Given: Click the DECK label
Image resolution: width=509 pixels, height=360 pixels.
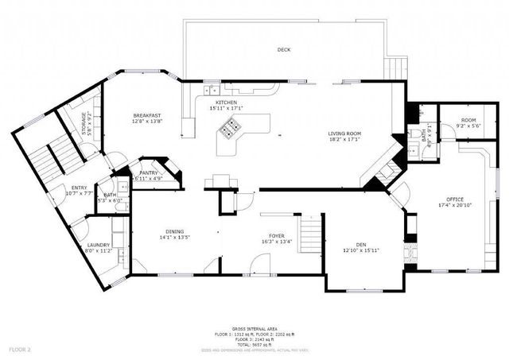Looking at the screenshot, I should pos(284,50).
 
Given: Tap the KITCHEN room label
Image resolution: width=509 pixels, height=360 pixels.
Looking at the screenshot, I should pos(227,103).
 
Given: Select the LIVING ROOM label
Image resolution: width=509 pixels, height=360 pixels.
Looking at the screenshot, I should pos(344,134).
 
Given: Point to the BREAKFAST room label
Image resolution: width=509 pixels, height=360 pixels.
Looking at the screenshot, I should pos(147,116).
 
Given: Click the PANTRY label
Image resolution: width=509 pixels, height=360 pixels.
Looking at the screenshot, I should pos(148,172).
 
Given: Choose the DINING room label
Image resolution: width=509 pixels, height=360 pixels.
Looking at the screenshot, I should pos(174,230).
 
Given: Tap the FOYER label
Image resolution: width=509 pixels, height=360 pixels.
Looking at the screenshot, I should pos(276,236).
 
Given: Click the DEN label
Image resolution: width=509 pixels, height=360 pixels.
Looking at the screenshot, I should pos(359,245).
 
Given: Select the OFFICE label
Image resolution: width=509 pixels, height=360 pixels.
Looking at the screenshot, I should pos(455,199).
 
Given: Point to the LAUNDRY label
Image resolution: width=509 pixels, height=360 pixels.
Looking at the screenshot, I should pos(99,244).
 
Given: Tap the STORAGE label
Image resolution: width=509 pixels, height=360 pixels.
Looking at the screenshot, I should pos(84,125).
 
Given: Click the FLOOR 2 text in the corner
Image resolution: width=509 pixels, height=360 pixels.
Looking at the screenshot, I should pos(20,349).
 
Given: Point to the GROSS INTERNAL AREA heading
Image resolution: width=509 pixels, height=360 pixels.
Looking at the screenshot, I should pos(254,328).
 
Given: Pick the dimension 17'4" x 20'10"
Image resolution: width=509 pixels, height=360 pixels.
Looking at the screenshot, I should pos(455,204).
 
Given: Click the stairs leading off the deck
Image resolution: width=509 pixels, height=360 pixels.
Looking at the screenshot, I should pos(395,68).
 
